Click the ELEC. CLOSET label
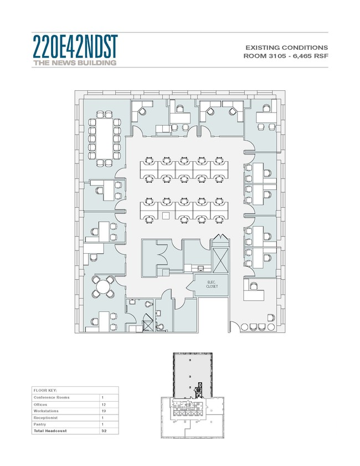(x=212, y=284)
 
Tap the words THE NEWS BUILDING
(x=75, y=63)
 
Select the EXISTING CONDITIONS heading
(x=286, y=48)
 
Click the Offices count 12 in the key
(x=104, y=404)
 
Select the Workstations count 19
(x=104, y=411)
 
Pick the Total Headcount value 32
(x=104, y=431)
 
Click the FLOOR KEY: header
(x=45, y=391)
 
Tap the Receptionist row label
(x=45, y=418)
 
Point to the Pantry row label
(x=39, y=424)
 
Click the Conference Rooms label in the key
(x=52, y=397)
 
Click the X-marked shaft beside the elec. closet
(x=220, y=260)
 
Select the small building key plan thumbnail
(x=193, y=395)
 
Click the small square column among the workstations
(x=166, y=216)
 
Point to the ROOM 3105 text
(x=265, y=56)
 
